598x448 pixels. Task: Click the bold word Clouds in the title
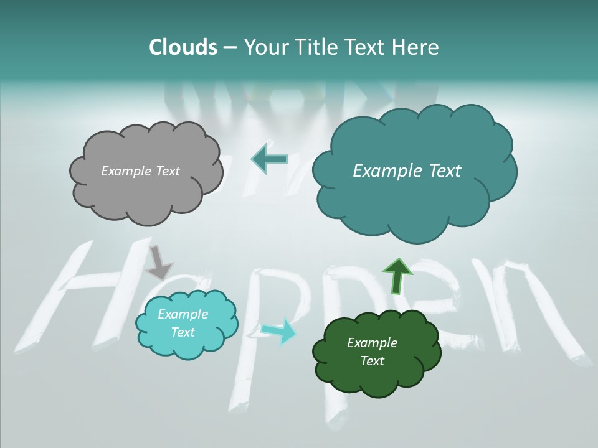point(183,47)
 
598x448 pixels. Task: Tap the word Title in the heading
point(318,47)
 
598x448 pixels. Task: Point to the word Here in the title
point(417,47)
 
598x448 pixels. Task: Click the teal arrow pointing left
point(269,159)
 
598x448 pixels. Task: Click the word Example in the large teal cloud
point(386,171)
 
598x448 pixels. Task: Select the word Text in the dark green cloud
point(372,361)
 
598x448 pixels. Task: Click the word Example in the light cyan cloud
point(183,314)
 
